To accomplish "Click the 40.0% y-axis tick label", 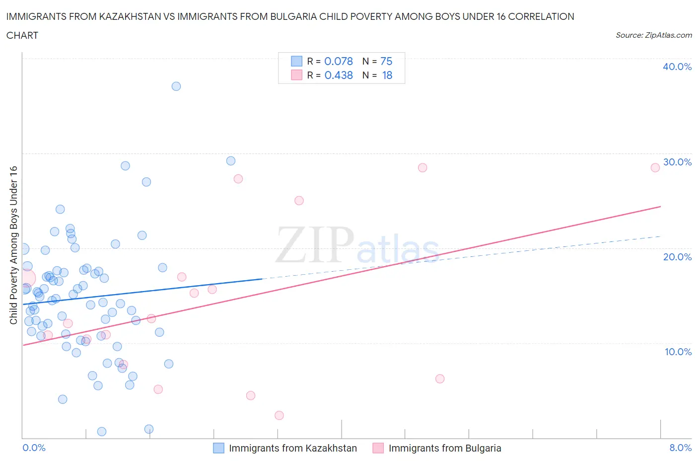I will click(677, 67).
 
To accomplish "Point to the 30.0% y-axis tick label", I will click(677, 162).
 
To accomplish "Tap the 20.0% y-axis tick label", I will click(677, 257).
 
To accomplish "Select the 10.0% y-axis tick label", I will click(678, 352).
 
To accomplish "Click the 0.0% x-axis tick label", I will click(34, 448).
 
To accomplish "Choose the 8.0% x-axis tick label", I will click(680, 448).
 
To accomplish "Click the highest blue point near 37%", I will click(176, 86).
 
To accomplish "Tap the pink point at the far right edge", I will click(655, 167).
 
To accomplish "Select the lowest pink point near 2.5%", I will click(279, 415).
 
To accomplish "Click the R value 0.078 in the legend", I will click(339, 61).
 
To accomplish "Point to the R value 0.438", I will click(339, 75).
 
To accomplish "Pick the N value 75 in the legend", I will click(386, 61).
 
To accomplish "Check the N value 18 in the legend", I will click(387, 75).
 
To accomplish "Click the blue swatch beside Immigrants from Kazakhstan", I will click(218, 448).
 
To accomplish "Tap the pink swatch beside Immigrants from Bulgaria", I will click(378, 448).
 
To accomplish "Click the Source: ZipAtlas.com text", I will click(653, 35).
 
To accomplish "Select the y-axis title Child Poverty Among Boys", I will click(14, 245).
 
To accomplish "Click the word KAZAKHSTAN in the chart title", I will click(126, 16).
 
